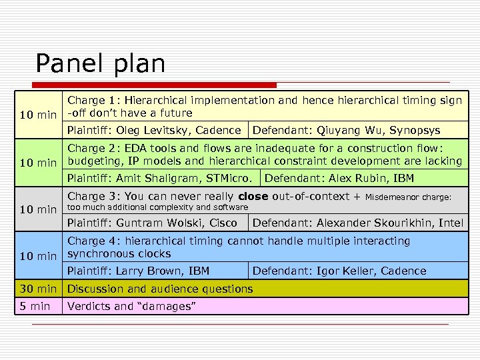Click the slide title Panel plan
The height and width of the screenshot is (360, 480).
(x=100, y=64)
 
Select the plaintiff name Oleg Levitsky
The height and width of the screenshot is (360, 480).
(x=149, y=130)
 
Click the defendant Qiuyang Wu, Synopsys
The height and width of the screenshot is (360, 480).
(x=346, y=130)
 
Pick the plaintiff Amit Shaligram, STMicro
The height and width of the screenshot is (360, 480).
(x=163, y=178)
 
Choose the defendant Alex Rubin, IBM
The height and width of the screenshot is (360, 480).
(x=339, y=178)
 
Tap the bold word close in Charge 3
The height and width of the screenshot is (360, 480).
(x=253, y=197)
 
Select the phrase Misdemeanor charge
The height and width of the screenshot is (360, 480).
(x=409, y=197)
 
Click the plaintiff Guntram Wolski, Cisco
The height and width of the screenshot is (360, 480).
(x=152, y=223)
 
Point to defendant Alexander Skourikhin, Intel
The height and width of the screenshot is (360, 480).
(x=357, y=223)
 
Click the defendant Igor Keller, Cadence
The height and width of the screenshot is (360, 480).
(x=339, y=271)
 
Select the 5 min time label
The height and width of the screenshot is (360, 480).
(x=35, y=306)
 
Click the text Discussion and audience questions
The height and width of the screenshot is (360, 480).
(x=160, y=289)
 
